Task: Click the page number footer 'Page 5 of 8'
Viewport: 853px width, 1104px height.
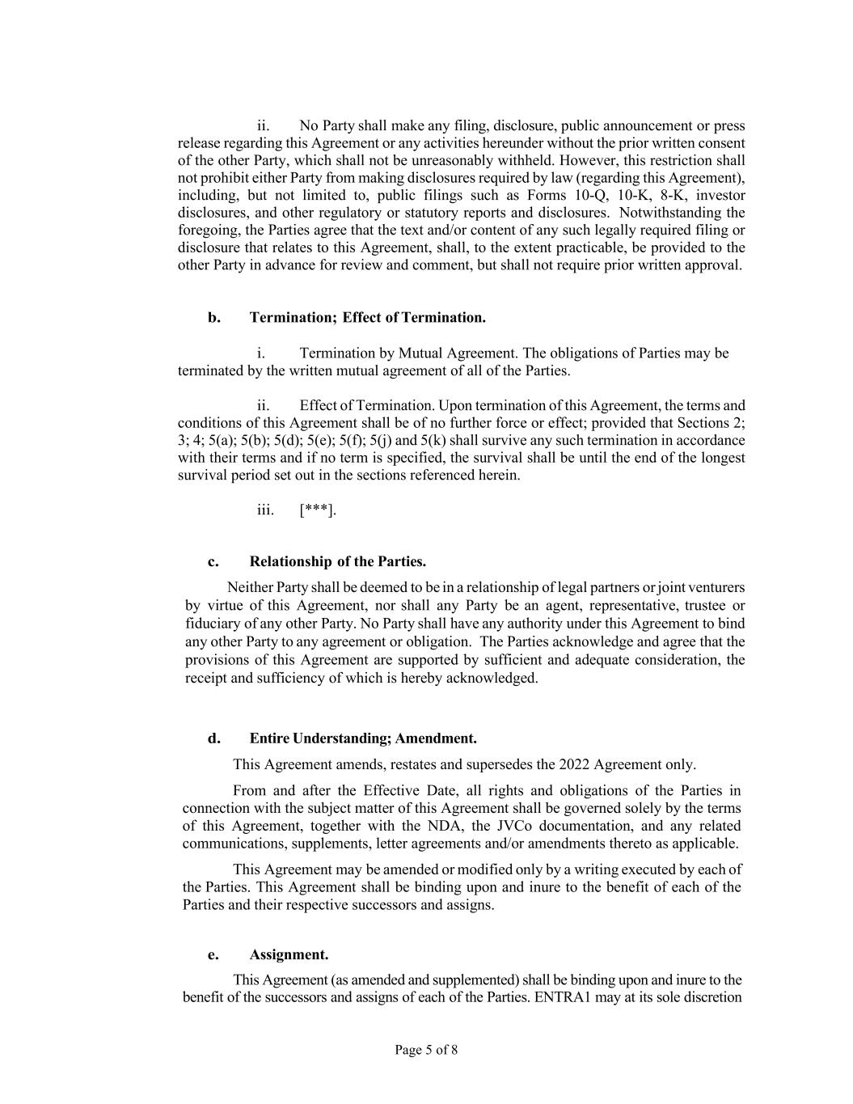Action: pos(426,1050)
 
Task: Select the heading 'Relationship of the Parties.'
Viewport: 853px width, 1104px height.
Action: pos(337,561)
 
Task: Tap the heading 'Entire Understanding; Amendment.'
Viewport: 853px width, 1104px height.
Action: pos(362,738)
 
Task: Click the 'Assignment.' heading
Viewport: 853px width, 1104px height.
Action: pos(289,954)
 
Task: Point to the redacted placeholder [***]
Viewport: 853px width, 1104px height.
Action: pos(317,510)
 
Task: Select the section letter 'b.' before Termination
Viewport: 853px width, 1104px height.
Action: pos(213,317)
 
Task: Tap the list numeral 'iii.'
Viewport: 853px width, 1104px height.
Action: pos(265,510)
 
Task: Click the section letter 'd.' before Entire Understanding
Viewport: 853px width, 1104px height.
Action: pos(213,738)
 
